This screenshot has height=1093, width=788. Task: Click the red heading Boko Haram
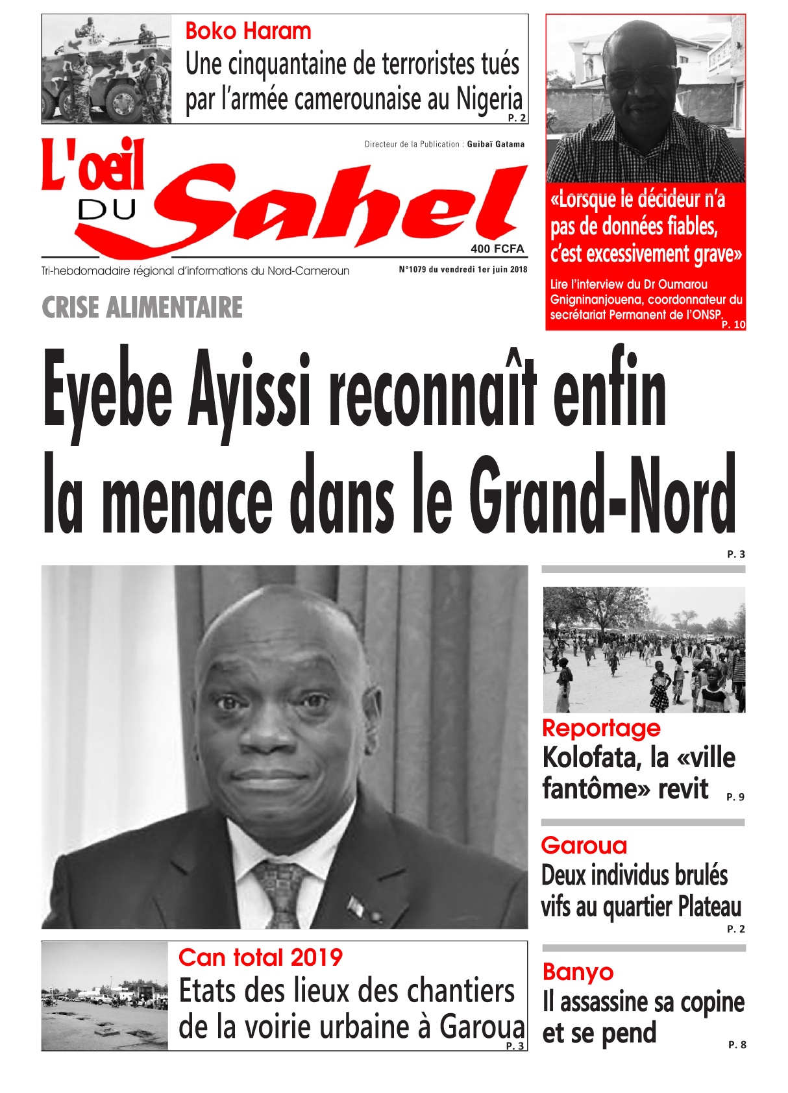(x=248, y=31)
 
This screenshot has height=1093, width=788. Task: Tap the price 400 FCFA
(x=497, y=249)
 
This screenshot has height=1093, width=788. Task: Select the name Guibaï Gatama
(x=495, y=144)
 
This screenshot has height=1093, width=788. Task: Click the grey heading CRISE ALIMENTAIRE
(x=142, y=308)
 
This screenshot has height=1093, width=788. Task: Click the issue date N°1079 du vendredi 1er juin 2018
(x=463, y=270)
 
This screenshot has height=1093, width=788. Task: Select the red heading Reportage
(x=601, y=728)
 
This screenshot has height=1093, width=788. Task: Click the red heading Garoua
(x=584, y=846)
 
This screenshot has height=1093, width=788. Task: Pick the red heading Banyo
(x=578, y=972)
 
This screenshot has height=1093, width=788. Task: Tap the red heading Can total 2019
(x=260, y=957)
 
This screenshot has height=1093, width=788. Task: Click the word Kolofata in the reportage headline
(x=589, y=758)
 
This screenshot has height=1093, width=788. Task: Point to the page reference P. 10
(x=733, y=325)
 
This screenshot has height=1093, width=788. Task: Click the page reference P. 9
(x=735, y=797)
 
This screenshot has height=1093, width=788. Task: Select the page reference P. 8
(x=737, y=1045)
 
